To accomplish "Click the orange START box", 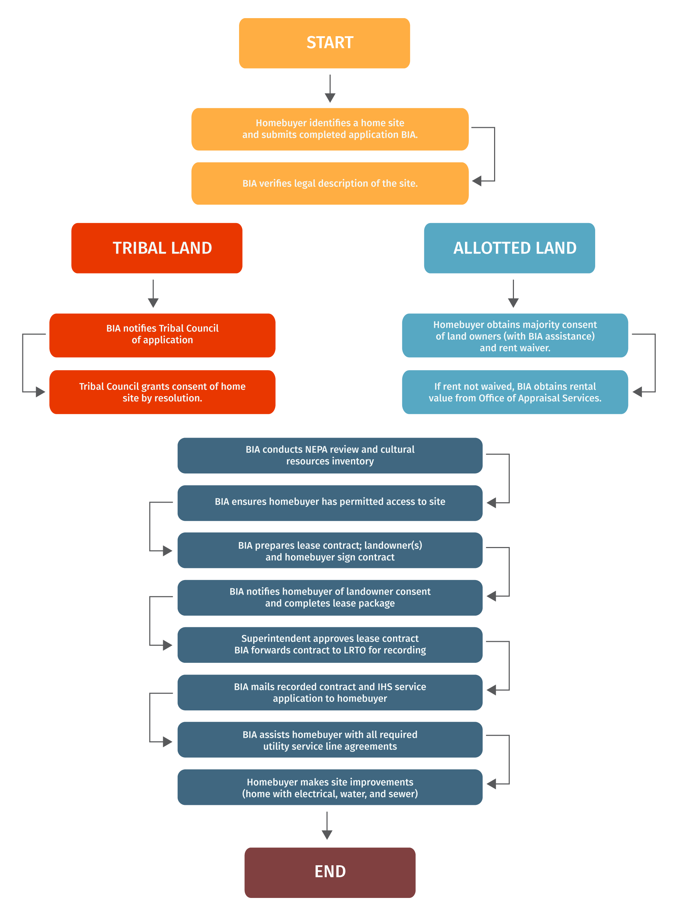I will [324, 43].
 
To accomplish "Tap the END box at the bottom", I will [330, 872].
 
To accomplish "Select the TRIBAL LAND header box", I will [157, 248].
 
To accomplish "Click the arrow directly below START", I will [330, 89].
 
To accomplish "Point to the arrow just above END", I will [327, 825].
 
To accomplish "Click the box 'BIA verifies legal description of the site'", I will [330, 183].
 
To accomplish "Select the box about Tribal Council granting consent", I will [162, 392].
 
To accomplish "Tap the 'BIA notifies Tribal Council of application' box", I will [162, 335].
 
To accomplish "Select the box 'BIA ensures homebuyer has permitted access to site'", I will [330, 502].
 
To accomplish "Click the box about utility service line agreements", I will [330, 740].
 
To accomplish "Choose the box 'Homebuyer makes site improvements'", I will [330, 787].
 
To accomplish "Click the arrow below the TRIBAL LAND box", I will [153, 294].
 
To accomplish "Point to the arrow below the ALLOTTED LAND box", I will [513, 294].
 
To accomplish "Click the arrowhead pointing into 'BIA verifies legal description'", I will [477, 181].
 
